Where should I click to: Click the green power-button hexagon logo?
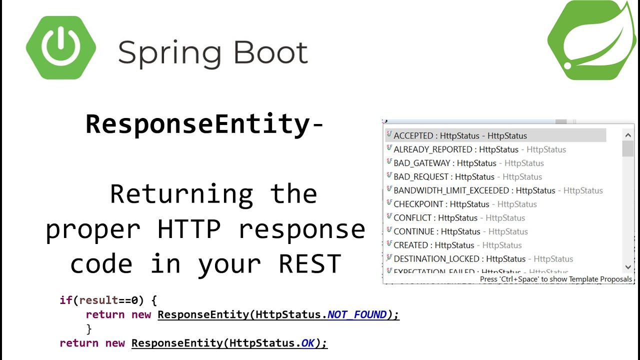(61, 47)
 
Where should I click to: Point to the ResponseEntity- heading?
(204, 124)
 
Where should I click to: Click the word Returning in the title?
(181, 194)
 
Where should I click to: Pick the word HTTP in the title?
(189, 229)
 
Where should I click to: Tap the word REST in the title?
(310, 264)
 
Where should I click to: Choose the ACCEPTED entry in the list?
(460, 135)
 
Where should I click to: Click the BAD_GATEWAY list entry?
(445, 163)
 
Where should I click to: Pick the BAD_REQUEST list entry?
(444, 176)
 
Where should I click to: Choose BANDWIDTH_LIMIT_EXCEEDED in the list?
(474, 190)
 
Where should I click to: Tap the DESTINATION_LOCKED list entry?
(459, 259)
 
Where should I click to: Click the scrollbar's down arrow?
(628, 267)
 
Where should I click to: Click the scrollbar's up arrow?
(628, 135)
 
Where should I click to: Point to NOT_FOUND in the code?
(357, 314)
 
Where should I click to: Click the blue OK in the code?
(308, 343)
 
